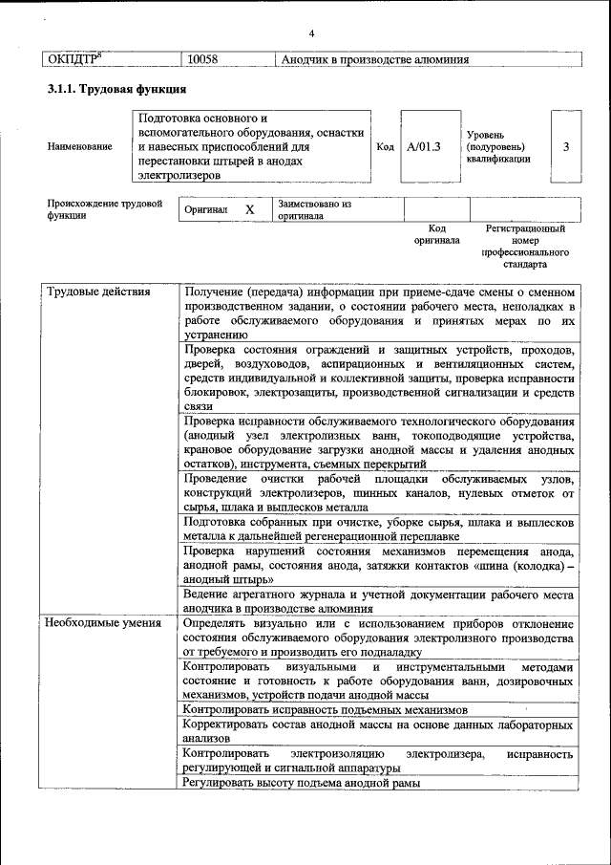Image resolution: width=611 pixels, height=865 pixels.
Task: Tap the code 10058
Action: pyautogui.click(x=202, y=59)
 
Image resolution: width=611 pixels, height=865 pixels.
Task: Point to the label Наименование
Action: pyautogui.click(x=79, y=146)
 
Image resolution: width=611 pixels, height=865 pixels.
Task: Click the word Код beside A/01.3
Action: pyautogui.click(x=385, y=146)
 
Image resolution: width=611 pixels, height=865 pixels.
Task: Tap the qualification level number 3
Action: pyautogui.click(x=567, y=146)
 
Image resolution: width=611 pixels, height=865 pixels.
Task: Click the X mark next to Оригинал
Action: pyautogui.click(x=250, y=209)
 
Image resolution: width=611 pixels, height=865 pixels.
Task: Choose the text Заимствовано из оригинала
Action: pyautogui.click(x=315, y=209)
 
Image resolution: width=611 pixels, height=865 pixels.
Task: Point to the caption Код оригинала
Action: pyautogui.click(x=437, y=235)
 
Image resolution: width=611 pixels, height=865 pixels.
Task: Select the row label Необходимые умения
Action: pyautogui.click(x=100, y=622)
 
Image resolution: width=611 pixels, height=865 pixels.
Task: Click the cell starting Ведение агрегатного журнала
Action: pyautogui.click(x=379, y=600)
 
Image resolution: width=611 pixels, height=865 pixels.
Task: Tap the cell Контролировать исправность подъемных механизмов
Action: pyautogui.click(x=326, y=710)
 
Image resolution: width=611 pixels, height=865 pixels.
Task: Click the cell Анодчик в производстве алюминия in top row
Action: pyautogui.click(x=375, y=59)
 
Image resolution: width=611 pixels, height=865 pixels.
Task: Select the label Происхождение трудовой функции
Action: pyautogui.click(x=104, y=209)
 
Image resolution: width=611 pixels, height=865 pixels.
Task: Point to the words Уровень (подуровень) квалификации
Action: pyautogui.click(x=497, y=147)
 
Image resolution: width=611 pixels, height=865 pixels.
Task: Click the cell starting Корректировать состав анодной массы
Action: pyautogui.click(x=379, y=732)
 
